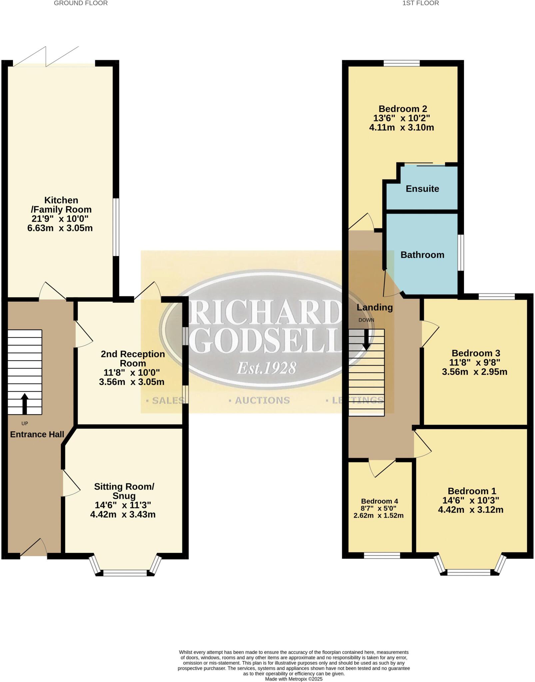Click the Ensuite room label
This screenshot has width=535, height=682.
(422, 189)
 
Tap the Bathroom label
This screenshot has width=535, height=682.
(422, 255)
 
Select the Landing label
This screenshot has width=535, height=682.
(374, 307)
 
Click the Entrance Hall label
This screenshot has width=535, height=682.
(37, 434)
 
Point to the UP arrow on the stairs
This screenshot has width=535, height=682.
(24, 403)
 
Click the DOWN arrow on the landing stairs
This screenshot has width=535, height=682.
(366, 340)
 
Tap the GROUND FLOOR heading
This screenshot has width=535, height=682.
(81, 3)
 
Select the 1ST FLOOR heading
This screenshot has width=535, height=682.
(420, 3)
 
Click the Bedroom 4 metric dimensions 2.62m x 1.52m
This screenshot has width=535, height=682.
(378, 516)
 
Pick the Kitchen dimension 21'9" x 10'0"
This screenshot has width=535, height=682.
(60, 219)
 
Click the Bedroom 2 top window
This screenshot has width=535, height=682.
(401, 63)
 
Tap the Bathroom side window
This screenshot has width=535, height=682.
(461, 253)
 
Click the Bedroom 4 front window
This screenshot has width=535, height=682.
(382, 555)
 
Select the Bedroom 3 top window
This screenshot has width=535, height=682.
(497, 296)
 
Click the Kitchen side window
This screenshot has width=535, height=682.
(116, 227)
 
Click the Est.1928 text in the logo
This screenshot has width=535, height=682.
(267, 369)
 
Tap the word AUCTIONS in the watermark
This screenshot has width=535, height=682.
(262, 400)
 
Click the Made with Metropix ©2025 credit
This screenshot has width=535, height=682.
(294, 679)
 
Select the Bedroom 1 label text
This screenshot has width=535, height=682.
(472, 491)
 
